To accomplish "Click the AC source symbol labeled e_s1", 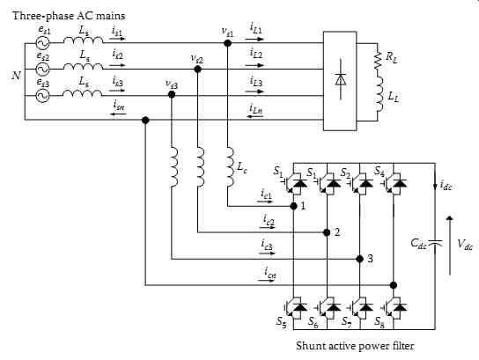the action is pyautogui.click(x=42, y=43).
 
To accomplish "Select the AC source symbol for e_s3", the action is pyautogui.click(x=42, y=96).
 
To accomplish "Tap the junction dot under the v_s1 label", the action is pyautogui.click(x=227, y=43).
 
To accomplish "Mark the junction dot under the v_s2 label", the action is pyautogui.click(x=197, y=70).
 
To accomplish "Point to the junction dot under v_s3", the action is pyautogui.click(x=172, y=95).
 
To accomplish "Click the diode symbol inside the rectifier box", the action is pyautogui.click(x=341, y=79).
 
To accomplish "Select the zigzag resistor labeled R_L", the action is pyautogui.click(x=379, y=61).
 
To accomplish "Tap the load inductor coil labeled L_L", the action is pyautogui.click(x=380, y=93).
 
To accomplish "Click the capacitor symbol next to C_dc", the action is pyautogui.click(x=435, y=243).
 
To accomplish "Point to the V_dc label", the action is pyautogui.click(x=465, y=245).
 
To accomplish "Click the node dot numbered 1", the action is pyautogui.click(x=293, y=207).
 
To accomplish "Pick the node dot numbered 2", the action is pyautogui.click(x=327, y=232).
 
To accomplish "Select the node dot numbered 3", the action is pyautogui.click(x=360, y=259).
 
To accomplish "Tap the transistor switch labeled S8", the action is pyautogui.click(x=394, y=307).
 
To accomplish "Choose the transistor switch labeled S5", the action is pyautogui.click(x=294, y=307).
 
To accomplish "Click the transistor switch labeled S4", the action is pyautogui.click(x=394, y=183).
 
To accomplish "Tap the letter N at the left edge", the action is pyautogui.click(x=17, y=75).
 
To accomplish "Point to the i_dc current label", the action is pyautogui.click(x=446, y=186).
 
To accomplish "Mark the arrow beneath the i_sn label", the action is pyautogui.click(x=118, y=114).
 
